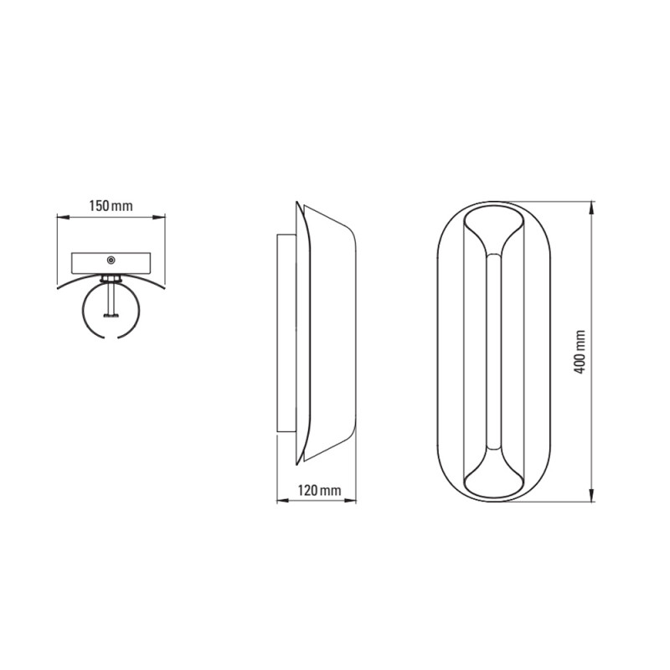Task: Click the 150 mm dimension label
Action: [111, 206]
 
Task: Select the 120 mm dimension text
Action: [320, 490]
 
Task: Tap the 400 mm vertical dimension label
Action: [580, 352]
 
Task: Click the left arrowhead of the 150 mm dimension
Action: [63, 217]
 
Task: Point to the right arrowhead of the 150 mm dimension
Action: [159, 217]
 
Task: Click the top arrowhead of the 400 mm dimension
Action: [592, 208]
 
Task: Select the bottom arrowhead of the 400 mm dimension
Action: [592, 495]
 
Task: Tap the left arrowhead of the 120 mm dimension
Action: [283, 500]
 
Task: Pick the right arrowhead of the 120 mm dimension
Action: [350, 500]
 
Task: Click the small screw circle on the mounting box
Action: [111, 260]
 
